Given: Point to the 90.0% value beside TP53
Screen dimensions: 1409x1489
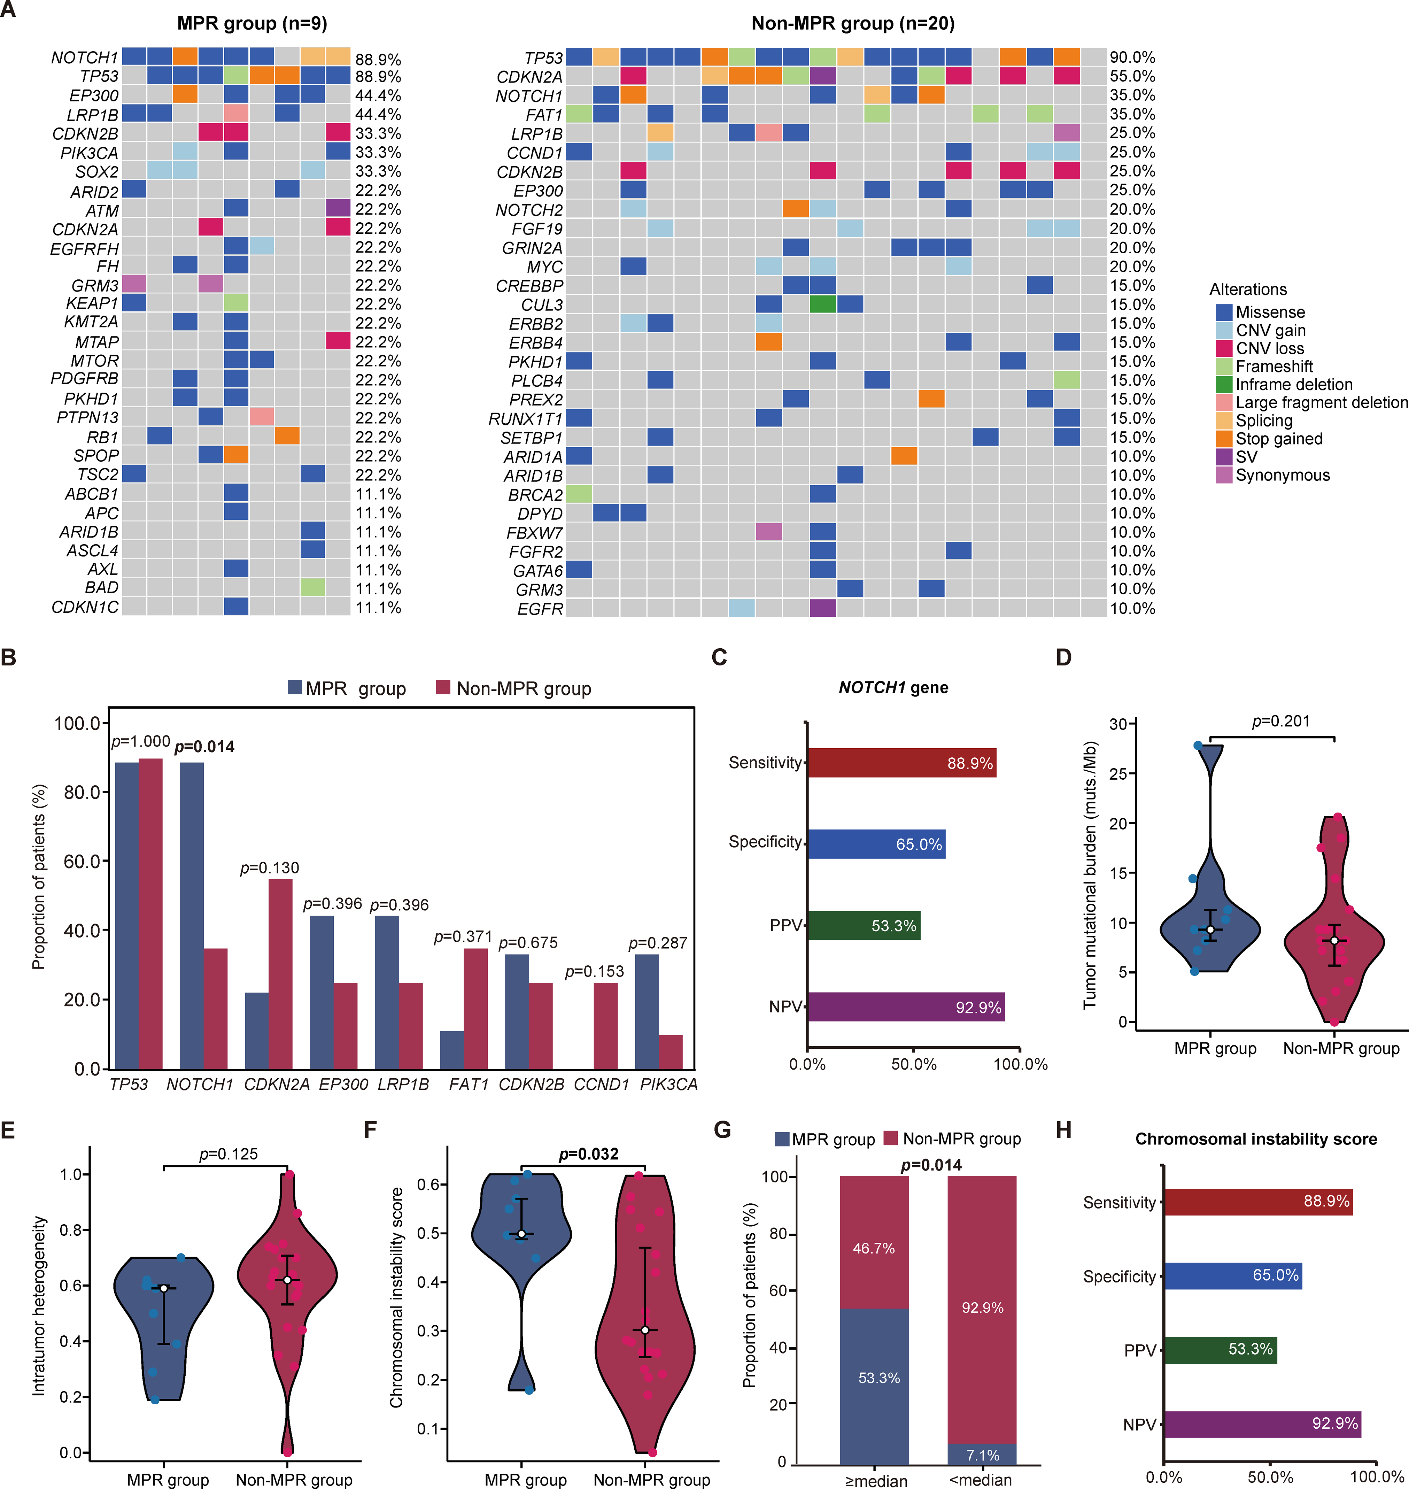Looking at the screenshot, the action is coord(1133,58).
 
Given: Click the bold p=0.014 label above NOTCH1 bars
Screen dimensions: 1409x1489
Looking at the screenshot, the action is coord(204,747).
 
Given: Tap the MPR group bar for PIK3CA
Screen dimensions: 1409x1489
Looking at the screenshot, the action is coord(647,1011).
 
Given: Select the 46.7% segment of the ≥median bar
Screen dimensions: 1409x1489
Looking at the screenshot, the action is coord(874,1242).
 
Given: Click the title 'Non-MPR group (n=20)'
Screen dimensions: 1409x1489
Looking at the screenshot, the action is coord(853,23).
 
